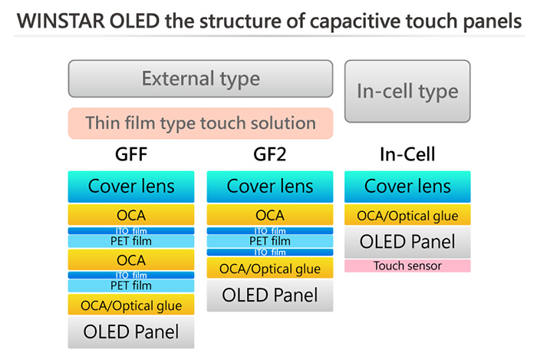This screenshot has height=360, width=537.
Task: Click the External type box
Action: (200, 79)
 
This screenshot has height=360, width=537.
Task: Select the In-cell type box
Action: (407, 91)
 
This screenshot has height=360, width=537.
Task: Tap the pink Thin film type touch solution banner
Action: (200, 124)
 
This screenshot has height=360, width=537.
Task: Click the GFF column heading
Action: (131, 154)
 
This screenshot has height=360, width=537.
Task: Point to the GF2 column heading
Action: (269, 154)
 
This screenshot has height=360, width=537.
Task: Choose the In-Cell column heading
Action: (407, 154)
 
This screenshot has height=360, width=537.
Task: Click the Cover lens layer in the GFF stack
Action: (131, 187)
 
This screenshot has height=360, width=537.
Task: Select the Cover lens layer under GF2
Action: (270, 187)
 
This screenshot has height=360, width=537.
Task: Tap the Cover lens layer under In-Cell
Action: (407, 187)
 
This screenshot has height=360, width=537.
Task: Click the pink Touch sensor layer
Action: (407, 266)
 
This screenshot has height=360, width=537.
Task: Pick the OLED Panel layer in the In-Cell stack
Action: (407, 242)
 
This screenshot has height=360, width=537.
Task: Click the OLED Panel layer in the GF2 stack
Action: (270, 296)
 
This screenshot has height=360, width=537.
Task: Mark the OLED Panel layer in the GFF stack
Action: (131, 332)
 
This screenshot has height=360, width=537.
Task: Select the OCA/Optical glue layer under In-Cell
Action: (407, 215)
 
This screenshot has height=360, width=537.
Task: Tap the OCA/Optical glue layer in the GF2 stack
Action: (270, 268)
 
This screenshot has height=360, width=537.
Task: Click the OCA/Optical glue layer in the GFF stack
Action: (131, 305)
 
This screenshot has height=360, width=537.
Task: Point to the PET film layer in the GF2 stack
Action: (270, 241)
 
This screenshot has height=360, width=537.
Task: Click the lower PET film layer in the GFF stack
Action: (131, 286)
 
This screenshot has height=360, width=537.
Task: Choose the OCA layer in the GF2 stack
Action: (270, 215)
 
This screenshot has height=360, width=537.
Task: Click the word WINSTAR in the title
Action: (61, 21)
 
